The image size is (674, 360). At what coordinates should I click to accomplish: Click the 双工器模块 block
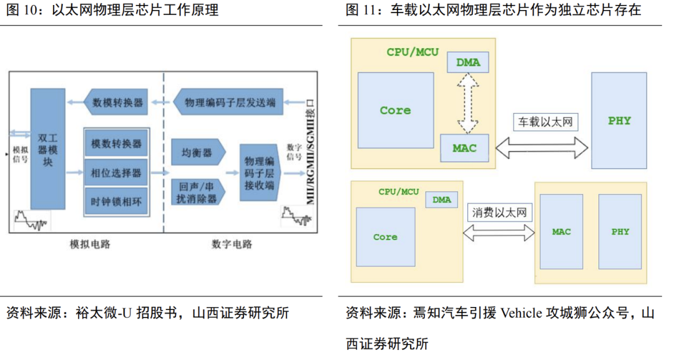point(47,149)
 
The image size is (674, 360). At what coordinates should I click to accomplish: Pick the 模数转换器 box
point(117,144)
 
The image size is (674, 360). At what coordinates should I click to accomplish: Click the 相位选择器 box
point(117,172)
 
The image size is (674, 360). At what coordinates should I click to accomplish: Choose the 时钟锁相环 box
point(117,200)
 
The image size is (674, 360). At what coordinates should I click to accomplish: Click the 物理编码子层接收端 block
point(260,171)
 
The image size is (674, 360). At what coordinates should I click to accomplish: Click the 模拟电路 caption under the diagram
point(89,244)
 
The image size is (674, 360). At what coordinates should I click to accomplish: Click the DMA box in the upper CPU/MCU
point(467,62)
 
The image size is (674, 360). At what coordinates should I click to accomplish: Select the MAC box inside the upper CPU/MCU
point(464,148)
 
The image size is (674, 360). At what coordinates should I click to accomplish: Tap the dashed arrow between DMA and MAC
point(468,103)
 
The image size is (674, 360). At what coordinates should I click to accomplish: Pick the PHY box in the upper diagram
point(619,120)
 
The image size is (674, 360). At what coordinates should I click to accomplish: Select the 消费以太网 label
point(500,213)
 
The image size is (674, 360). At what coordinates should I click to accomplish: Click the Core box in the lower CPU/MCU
point(385,237)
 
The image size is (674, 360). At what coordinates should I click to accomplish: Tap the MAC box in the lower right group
point(561,231)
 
